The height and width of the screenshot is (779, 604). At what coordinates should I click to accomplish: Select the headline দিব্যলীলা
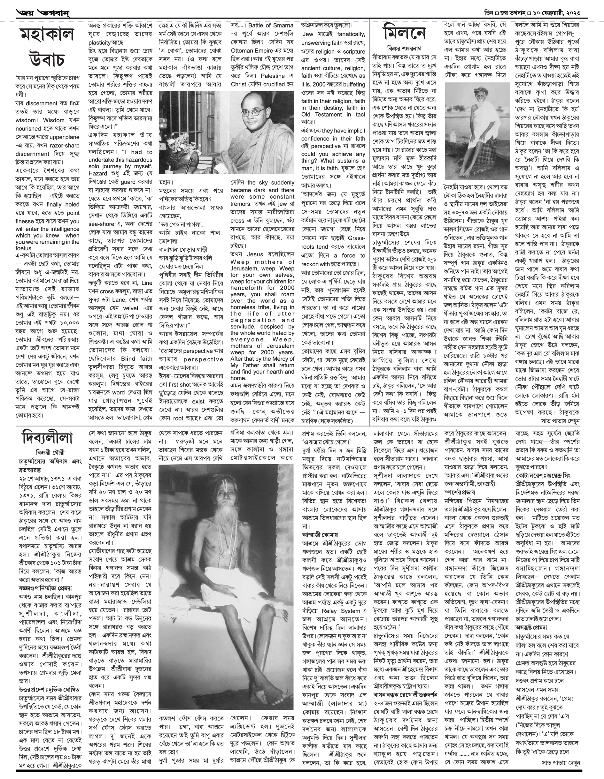tap(47, 438)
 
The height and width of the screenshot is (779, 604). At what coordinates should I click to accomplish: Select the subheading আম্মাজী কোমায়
tap(320, 535)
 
